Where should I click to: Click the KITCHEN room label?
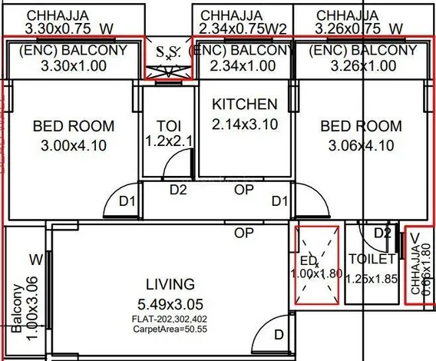[x=244, y=104]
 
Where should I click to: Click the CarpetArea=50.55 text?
[x=170, y=328]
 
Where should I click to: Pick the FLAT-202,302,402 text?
[x=170, y=318]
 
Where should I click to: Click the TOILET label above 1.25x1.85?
[x=371, y=260]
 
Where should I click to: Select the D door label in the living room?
[x=279, y=334]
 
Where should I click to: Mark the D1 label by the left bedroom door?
[x=127, y=201]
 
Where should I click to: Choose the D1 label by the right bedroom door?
[x=280, y=201]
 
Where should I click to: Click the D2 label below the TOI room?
[x=178, y=189]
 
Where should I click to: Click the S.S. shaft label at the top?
[x=168, y=53]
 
